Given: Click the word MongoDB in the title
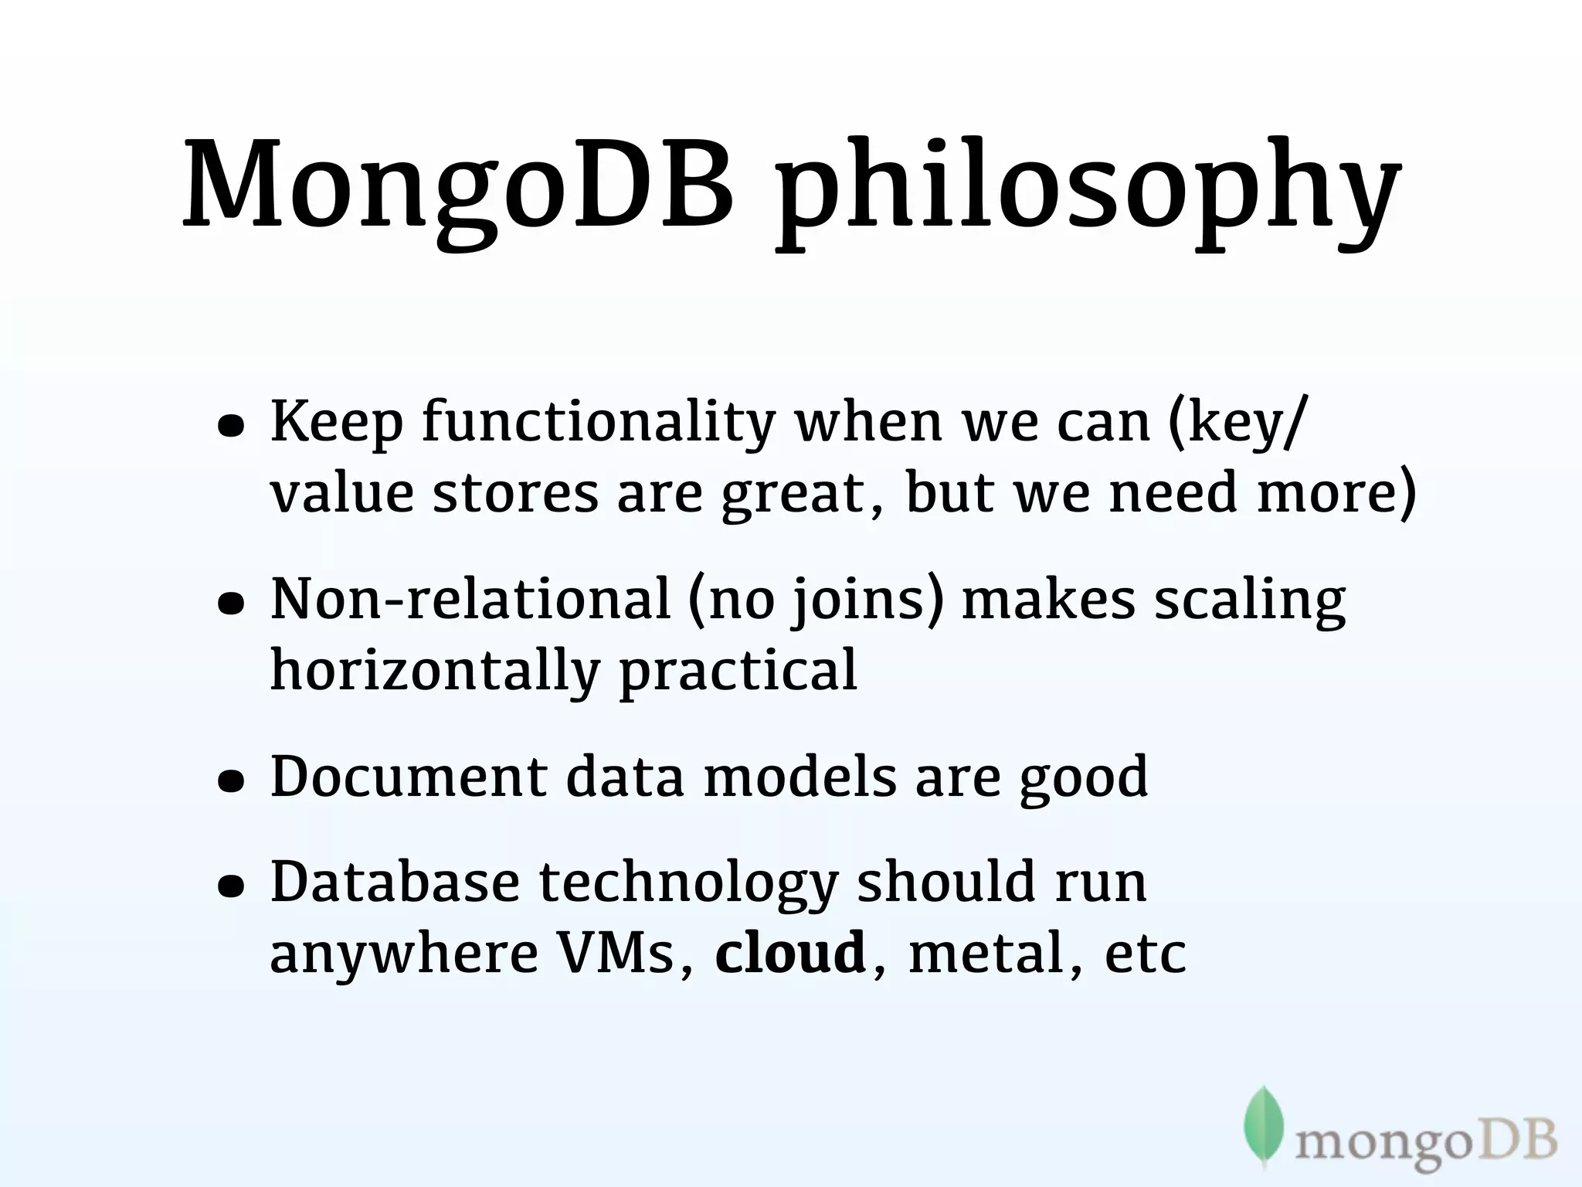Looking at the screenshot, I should [456, 185].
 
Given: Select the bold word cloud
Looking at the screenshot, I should [789, 953].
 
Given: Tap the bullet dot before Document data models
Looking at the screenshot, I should [231, 781].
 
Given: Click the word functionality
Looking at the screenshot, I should [599, 423].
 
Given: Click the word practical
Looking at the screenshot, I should [738, 671].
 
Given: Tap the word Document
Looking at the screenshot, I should [409, 777].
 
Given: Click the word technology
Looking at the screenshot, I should [687, 884].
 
